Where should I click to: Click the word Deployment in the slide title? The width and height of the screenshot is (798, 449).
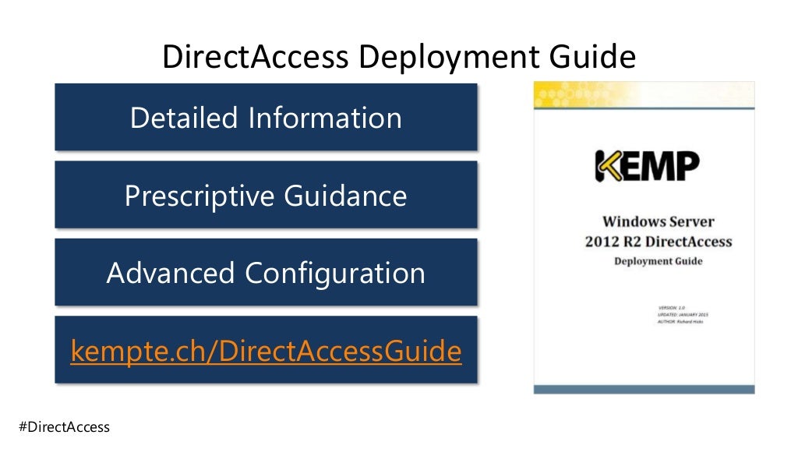click(x=445, y=58)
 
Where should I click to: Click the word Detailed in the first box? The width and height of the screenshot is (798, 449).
click(x=183, y=118)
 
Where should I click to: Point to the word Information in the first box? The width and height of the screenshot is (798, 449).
click(x=325, y=118)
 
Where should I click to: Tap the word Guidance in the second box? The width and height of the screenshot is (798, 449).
click(x=346, y=195)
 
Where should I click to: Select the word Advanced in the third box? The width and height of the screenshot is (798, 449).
click(x=170, y=273)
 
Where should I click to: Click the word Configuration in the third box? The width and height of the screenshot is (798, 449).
click(x=335, y=273)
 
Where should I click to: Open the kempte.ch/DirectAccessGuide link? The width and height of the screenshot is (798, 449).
click(x=266, y=352)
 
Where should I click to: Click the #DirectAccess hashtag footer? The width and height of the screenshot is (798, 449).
click(x=64, y=427)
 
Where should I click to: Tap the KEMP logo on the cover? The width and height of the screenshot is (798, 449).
click(x=647, y=165)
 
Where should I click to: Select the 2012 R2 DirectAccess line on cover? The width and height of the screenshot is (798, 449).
click(x=659, y=242)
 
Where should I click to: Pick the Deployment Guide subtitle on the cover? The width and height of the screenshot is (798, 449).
click(x=659, y=261)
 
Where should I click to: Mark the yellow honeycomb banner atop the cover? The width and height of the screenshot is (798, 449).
click(x=644, y=94)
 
